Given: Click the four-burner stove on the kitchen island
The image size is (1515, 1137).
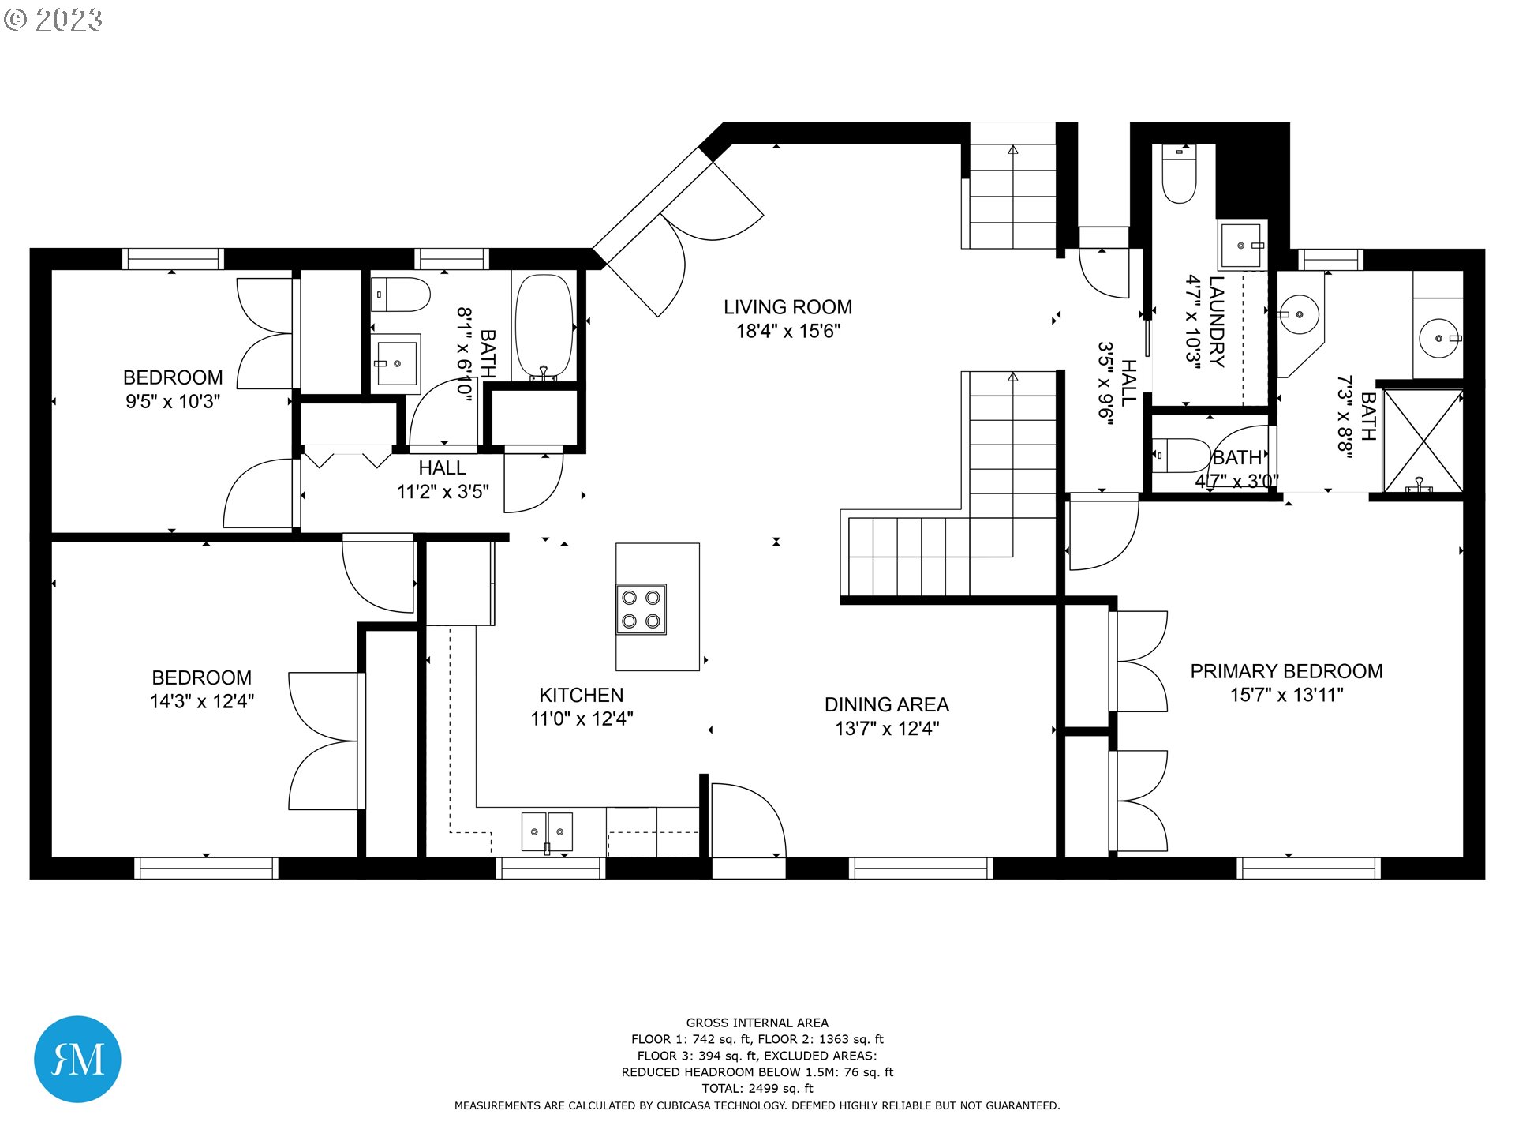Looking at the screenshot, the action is pos(641,609).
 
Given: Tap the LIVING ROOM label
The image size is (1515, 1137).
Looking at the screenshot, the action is pos(787,307).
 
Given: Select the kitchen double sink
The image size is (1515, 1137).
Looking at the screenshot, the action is pos(547,832).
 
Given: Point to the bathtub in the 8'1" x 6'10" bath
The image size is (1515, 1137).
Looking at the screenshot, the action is pos(544,327).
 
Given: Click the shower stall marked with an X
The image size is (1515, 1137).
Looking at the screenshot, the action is pos(1423,441).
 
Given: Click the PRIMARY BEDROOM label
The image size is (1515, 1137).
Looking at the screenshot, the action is pos(1286,671).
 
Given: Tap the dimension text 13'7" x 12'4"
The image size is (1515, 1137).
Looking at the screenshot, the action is pos(887,729).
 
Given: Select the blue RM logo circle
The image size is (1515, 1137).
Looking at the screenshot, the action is pos(77,1059).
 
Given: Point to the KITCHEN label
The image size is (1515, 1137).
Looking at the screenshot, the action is pos(581,695).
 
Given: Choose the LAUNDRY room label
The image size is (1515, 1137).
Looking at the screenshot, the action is pos(1217,321).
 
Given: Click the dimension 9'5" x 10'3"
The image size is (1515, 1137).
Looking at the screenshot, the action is pos(173,401).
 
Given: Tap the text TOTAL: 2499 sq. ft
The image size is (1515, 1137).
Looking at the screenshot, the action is pos(757,1088).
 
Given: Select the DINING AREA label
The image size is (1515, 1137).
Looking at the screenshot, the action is pos(887,704).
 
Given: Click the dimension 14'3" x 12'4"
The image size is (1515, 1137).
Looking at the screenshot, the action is pos(202,701).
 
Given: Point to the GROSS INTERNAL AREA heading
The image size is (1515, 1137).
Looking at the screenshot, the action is pos(757,1023).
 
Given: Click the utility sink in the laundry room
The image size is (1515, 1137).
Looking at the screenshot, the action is pos(1242,246).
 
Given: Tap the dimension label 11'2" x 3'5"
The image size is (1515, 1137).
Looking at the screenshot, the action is pos(443,492).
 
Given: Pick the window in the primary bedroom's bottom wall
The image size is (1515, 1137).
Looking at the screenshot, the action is pos(1308,869).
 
